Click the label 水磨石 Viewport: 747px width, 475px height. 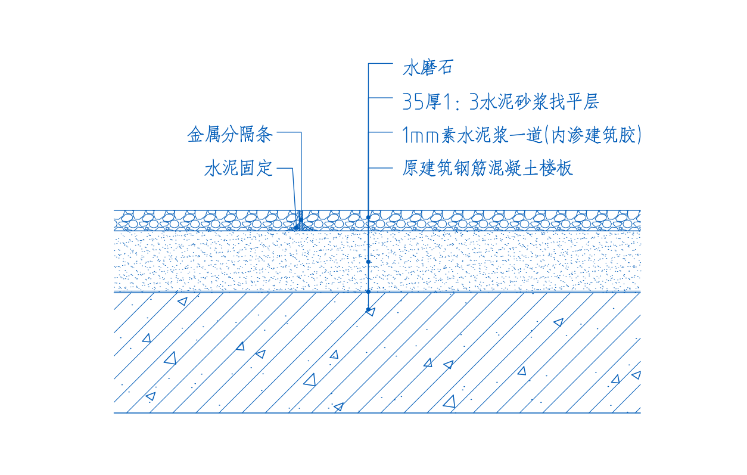click(428, 68)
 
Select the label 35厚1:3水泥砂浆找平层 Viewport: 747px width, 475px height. click(500, 101)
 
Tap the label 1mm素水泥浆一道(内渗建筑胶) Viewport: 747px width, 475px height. click(522, 135)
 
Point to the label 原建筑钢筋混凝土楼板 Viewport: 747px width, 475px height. click(487, 168)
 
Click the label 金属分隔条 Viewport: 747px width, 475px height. click(230, 135)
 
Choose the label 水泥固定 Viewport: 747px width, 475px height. click(239, 168)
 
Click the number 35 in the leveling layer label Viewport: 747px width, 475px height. click(413, 102)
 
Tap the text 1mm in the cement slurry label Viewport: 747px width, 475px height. click(421, 135)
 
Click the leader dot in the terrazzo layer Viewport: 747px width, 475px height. click(369, 218)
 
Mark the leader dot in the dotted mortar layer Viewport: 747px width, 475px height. click(369, 262)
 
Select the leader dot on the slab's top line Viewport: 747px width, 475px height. click(369, 292)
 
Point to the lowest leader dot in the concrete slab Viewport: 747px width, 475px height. click(369, 310)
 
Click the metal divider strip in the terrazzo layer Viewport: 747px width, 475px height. click(301, 220)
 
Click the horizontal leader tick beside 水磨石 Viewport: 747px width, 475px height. click(381, 63)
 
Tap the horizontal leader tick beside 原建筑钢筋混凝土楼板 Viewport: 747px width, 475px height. click(381, 168)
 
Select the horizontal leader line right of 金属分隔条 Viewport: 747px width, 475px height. click(289, 132)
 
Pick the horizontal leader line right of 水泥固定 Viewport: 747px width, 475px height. click(285, 168)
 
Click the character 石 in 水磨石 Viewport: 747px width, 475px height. click(445, 68)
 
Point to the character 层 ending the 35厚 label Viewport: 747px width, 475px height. click(591, 101)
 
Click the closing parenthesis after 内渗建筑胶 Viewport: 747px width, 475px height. click(639, 135)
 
